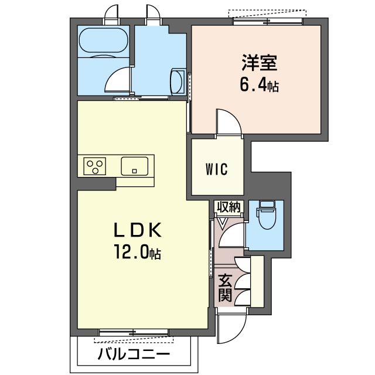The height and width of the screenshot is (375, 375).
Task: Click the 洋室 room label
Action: click(x=260, y=63)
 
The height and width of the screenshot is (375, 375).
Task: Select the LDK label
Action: click(x=138, y=230)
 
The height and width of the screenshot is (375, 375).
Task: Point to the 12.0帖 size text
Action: click(x=138, y=251)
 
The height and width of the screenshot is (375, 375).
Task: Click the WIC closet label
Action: click(x=217, y=169)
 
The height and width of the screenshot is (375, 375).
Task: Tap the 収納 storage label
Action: click(x=229, y=207)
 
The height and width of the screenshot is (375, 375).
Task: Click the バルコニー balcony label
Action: click(x=134, y=354)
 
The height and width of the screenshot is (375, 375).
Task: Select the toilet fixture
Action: click(x=267, y=214)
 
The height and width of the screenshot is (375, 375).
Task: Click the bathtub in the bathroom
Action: click(x=103, y=40)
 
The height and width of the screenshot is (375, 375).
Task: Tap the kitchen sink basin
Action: click(x=134, y=166)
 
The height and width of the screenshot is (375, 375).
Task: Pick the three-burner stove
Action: click(x=95, y=166)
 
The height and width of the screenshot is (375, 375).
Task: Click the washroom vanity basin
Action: click(x=177, y=82)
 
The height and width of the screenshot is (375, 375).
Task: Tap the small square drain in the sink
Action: click(x=135, y=171)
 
